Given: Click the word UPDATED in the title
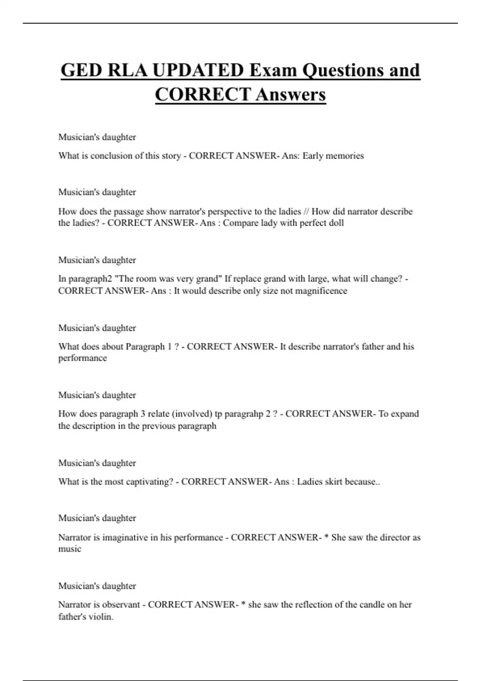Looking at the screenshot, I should (198, 71).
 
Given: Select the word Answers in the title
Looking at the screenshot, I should (291, 95).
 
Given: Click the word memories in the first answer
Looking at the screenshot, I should (345, 156).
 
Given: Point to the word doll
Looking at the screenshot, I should (335, 223).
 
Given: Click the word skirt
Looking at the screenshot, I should (334, 482).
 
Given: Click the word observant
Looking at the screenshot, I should (121, 604).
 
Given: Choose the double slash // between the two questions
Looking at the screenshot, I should (306, 212).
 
